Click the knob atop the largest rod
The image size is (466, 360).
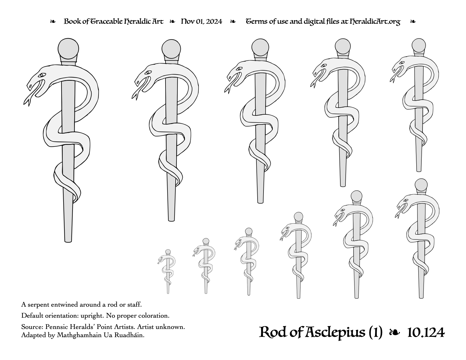[68, 49]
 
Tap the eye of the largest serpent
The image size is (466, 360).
[42, 75]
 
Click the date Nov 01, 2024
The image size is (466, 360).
[201, 21]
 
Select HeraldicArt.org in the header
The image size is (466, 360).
[375, 22]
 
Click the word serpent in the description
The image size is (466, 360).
[38, 305]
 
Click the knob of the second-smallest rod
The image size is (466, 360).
[206, 241]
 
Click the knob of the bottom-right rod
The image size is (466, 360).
[421, 185]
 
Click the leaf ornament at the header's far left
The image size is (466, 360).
[53, 21]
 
